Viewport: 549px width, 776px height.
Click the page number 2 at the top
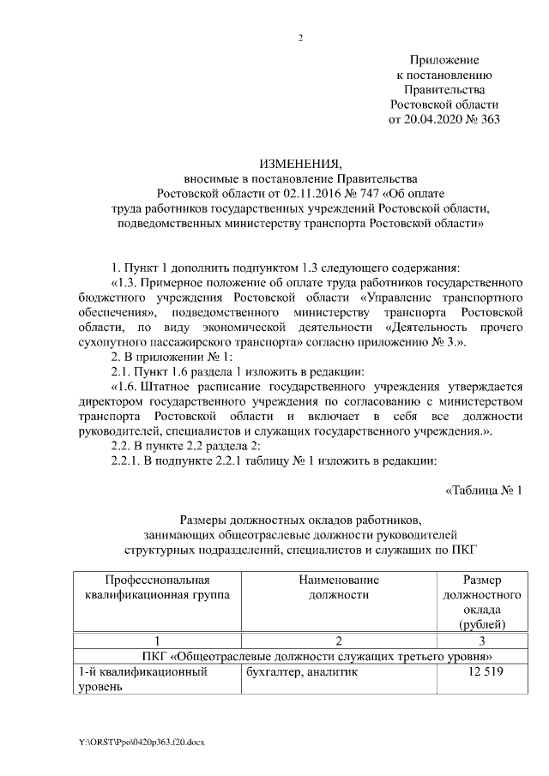point(300,38)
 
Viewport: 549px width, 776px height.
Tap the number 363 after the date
point(488,118)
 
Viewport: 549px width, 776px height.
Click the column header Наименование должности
point(338,587)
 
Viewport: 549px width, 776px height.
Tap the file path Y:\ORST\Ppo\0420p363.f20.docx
point(142,740)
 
